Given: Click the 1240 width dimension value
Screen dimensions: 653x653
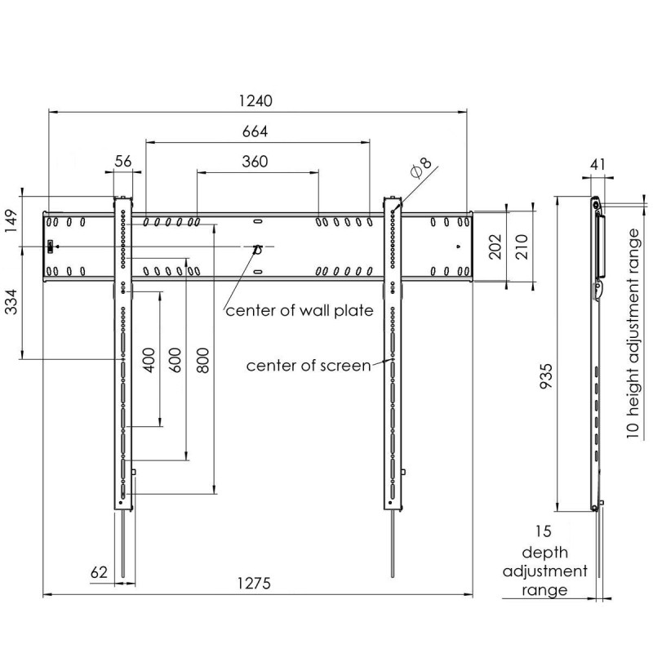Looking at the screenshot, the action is click(255, 100).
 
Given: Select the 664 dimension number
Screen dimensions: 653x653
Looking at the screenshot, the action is click(255, 131).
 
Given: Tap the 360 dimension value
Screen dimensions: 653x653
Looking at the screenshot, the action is click(255, 162).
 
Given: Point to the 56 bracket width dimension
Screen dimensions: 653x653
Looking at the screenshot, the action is click(123, 161).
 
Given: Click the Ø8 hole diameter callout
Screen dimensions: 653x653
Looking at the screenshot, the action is click(421, 167).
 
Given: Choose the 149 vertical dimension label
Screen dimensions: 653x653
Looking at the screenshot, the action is click(11, 222).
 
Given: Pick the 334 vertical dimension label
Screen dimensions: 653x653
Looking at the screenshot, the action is click(11, 302).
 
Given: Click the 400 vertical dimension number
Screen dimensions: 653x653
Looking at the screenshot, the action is click(149, 360).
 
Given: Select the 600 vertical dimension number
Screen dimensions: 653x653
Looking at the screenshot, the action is click(175, 360).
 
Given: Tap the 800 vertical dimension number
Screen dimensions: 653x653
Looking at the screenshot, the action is click(202, 360).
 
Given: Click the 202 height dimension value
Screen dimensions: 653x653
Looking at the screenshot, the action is click(495, 247).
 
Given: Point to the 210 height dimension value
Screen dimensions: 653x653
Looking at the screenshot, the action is click(522, 247).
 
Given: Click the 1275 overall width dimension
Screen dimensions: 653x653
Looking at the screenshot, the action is click(254, 583).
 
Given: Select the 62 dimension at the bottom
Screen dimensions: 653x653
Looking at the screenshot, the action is click(99, 572).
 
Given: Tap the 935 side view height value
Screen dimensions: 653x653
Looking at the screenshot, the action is click(545, 376).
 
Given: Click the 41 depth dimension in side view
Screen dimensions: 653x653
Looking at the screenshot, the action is click(597, 165).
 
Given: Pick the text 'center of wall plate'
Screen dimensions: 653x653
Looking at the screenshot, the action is click(300, 311).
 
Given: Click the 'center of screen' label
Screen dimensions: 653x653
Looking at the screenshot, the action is click(309, 366).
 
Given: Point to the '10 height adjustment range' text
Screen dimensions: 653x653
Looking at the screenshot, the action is click(633, 333).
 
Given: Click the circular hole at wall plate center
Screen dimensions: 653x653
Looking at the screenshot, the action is click(257, 250).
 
